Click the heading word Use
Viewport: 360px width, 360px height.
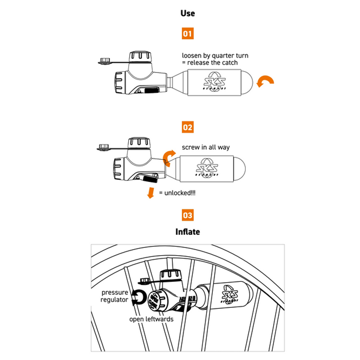187,13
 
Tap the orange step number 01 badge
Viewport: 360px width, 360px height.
188,34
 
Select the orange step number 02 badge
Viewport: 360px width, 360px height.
188,127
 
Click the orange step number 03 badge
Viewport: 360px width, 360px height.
188,215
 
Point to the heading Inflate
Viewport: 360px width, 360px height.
188,232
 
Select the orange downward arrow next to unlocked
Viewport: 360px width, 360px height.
149,192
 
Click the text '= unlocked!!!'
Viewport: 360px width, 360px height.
177,193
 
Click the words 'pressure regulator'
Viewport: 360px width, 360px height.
115,296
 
